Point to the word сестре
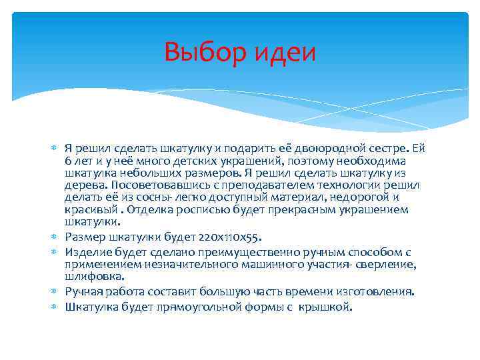[389, 147]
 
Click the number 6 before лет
[68, 161]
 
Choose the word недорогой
[353, 197]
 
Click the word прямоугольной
[209, 307]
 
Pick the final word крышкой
[327, 307]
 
